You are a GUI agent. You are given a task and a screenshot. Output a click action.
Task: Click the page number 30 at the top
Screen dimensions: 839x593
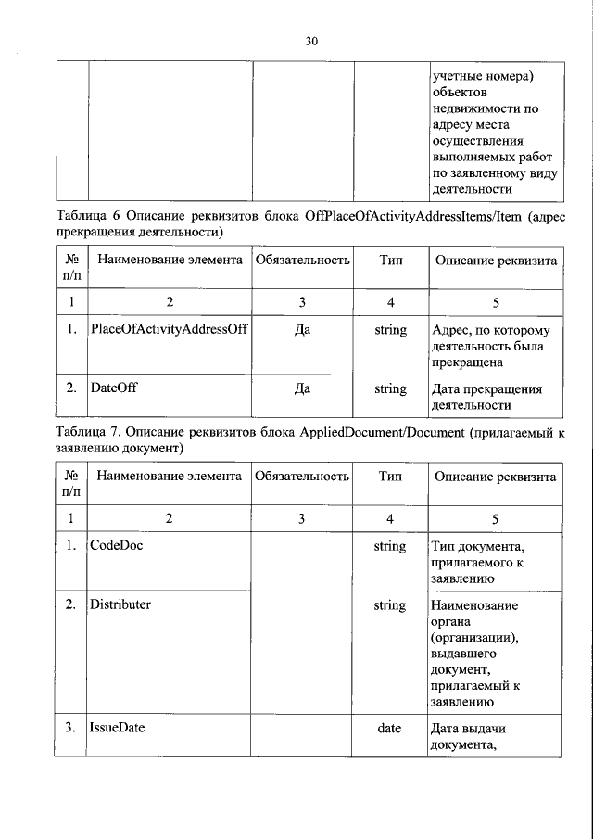pyautogui.click(x=310, y=41)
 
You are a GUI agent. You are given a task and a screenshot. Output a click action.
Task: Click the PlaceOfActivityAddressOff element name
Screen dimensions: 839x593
pyautogui.click(x=169, y=330)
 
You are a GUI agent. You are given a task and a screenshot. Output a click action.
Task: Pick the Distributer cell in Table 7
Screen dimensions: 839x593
pyautogui.click(x=120, y=605)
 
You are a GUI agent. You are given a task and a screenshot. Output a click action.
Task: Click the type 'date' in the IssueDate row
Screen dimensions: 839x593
pyautogui.click(x=389, y=729)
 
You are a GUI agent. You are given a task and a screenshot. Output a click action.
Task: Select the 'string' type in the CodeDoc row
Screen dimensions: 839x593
pyautogui.click(x=390, y=546)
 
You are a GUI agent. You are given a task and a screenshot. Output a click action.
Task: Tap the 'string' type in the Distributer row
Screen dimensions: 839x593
pyautogui.click(x=390, y=605)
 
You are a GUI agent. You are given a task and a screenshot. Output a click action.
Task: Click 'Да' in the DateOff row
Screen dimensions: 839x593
pyautogui.click(x=301, y=389)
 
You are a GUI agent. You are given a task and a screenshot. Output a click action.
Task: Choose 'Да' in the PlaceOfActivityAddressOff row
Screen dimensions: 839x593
pyautogui.click(x=301, y=330)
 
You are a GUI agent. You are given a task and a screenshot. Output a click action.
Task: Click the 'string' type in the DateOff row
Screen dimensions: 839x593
pyautogui.click(x=390, y=389)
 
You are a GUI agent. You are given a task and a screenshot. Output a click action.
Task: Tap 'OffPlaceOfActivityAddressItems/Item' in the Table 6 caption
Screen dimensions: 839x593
pyautogui.click(x=410, y=216)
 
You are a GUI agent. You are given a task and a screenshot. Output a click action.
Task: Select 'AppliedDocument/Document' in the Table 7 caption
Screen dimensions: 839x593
pyautogui.click(x=382, y=432)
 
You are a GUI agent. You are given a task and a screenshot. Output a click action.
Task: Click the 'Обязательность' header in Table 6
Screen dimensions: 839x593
pyautogui.click(x=302, y=261)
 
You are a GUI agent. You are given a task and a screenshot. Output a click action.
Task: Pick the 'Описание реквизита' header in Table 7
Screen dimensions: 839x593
pyautogui.click(x=496, y=477)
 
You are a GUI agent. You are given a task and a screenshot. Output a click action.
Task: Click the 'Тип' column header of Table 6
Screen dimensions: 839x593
pyautogui.click(x=390, y=261)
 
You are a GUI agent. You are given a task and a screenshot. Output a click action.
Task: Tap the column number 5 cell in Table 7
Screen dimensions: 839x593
pyautogui.click(x=496, y=518)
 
